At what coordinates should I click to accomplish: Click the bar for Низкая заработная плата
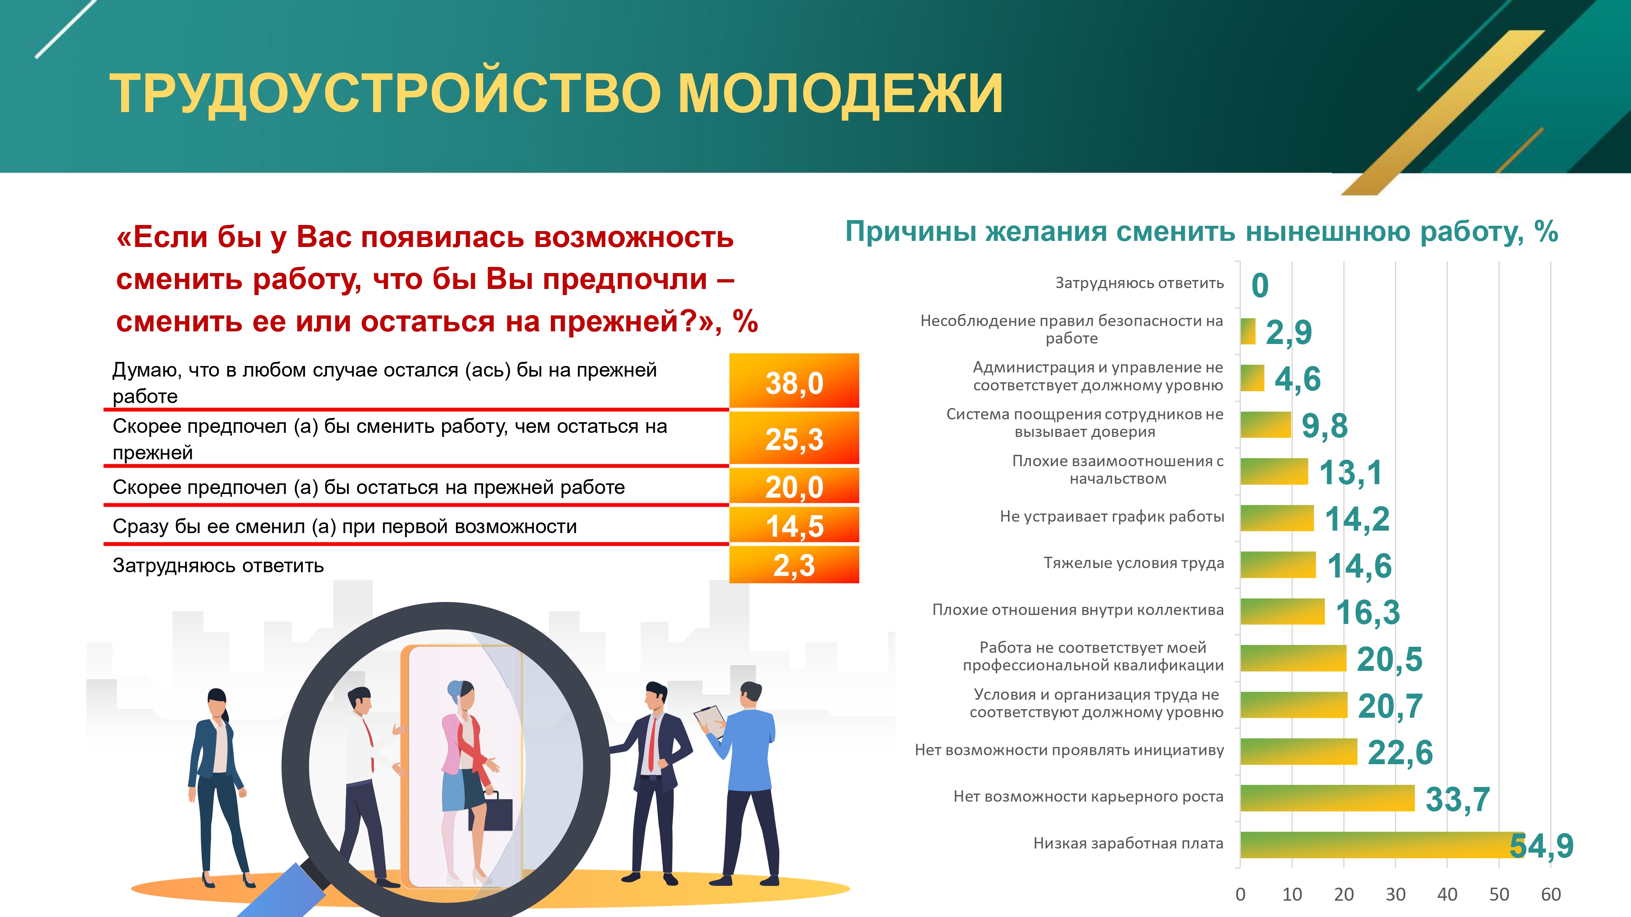point(1382,845)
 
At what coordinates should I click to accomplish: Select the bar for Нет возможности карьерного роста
point(1328,798)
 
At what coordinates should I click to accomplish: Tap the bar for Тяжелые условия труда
point(1278,564)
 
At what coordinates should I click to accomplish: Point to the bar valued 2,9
point(1248,331)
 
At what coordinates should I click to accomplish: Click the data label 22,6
point(1400,752)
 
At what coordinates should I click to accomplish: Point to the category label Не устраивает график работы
point(1112,516)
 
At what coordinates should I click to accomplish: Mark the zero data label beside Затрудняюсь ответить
point(1260,285)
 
